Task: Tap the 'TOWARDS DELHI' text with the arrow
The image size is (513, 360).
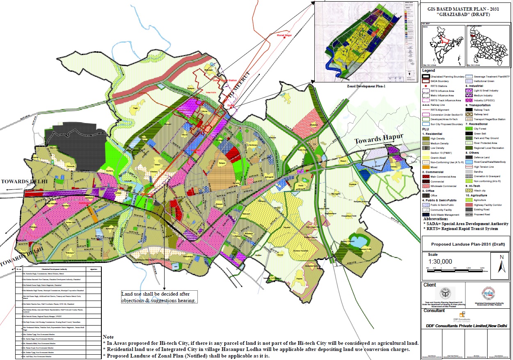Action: pyautogui.click(x=24, y=181)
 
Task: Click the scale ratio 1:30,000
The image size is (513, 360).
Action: pyautogui.click(x=440, y=262)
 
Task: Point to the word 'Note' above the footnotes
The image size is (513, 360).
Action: pyautogui.click(x=108, y=337)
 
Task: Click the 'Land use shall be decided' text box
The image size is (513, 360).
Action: pyautogui.click(x=159, y=297)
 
